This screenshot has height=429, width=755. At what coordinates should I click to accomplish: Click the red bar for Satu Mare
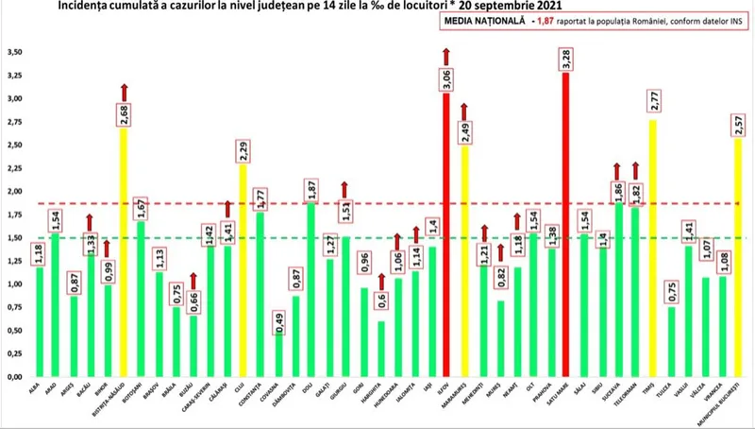(565, 227)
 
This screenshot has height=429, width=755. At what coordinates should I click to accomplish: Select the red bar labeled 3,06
(446, 246)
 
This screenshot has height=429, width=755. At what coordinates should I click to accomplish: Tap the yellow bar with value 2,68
(123, 255)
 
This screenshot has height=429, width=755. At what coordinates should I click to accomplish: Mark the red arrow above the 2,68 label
(123, 92)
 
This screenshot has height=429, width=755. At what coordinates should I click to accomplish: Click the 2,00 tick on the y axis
(14, 191)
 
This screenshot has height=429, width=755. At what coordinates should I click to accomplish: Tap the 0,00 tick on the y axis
(14, 377)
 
